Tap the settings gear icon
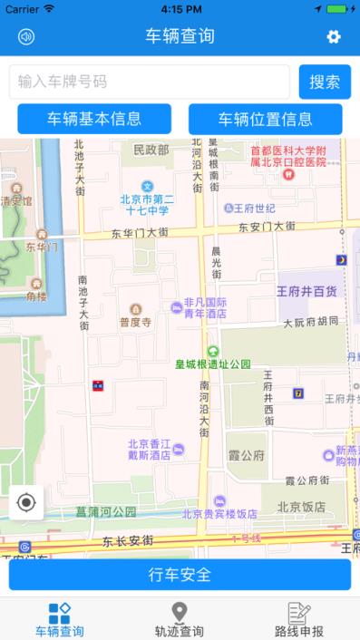pos(334,37)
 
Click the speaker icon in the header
pos(26,37)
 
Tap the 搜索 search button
pos(325,82)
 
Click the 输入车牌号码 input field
pos(150,82)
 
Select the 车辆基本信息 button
pos(94,119)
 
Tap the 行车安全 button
pos(180,574)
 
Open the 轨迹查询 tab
pos(180,620)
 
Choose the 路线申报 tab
pos(299,620)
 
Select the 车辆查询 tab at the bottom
pos(59,620)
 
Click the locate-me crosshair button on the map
pos(26,503)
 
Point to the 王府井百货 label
pos(306,292)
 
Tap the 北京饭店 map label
pos(300,507)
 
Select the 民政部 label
pos(151,150)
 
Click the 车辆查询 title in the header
pos(180,37)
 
